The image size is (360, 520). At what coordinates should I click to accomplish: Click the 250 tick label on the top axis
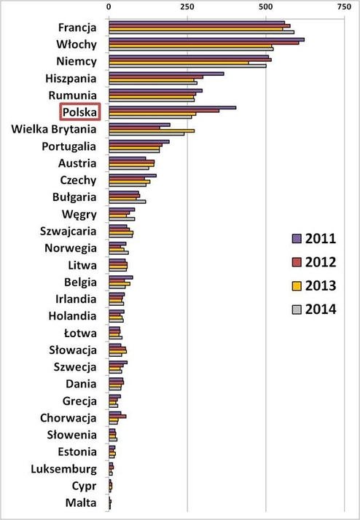click(x=187, y=6)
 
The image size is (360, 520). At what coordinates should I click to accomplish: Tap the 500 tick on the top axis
click(x=265, y=6)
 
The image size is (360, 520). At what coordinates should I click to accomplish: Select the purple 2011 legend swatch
click(x=297, y=238)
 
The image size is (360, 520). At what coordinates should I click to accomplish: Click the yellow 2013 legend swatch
click(x=297, y=285)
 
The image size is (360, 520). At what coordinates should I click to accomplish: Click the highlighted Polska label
click(x=83, y=112)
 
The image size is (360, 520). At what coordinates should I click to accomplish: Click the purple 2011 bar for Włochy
click(x=206, y=39)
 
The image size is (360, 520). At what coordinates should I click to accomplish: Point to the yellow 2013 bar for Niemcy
click(x=179, y=63)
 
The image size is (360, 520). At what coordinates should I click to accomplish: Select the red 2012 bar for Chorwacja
click(x=117, y=416)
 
